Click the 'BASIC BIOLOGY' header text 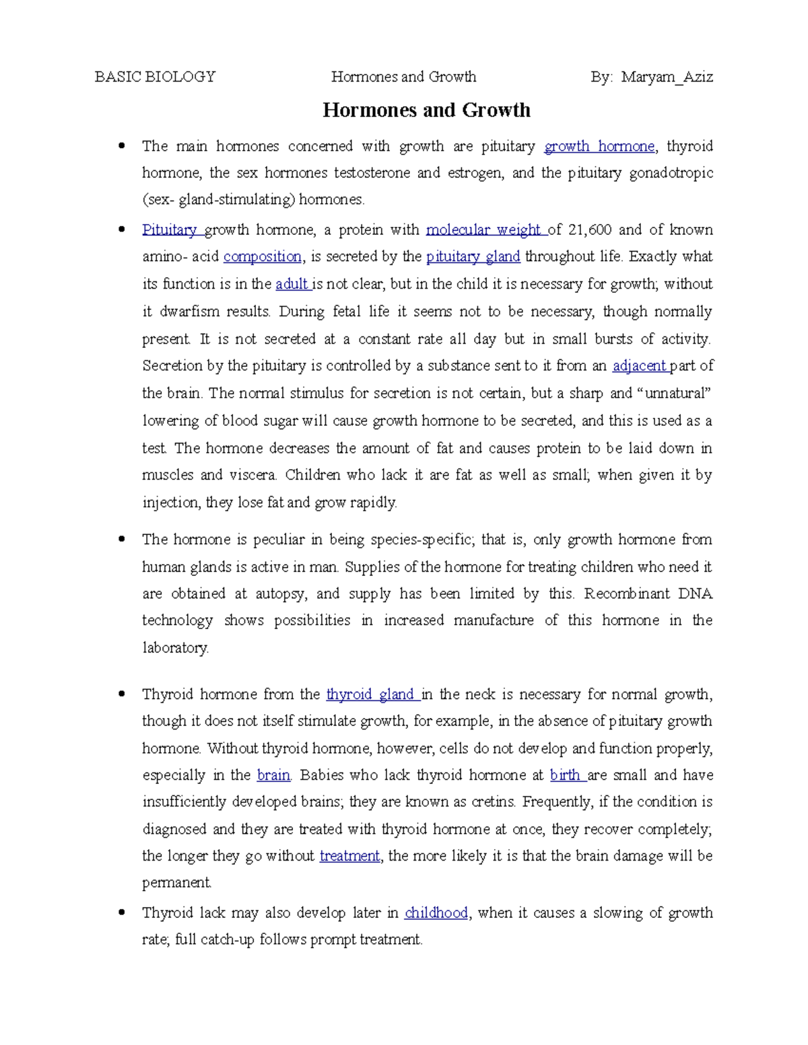pyautogui.click(x=155, y=77)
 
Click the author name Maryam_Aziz pyautogui.click(x=667, y=77)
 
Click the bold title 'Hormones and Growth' pyautogui.click(x=426, y=110)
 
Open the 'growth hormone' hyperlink pyautogui.click(x=599, y=147)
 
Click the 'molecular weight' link pyautogui.click(x=485, y=230)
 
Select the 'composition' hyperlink pyautogui.click(x=263, y=257)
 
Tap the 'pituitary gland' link pyautogui.click(x=473, y=257)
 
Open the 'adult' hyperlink pyautogui.click(x=292, y=284)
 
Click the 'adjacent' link pyautogui.click(x=639, y=366)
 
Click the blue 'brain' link pyautogui.click(x=273, y=775)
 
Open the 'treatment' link pyautogui.click(x=349, y=856)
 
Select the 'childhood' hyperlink pyautogui.click(x=436, y=913)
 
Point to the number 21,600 pyautogui.click(x=590, y=230)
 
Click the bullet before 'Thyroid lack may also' pyautogui.click(x=122, y=913)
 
